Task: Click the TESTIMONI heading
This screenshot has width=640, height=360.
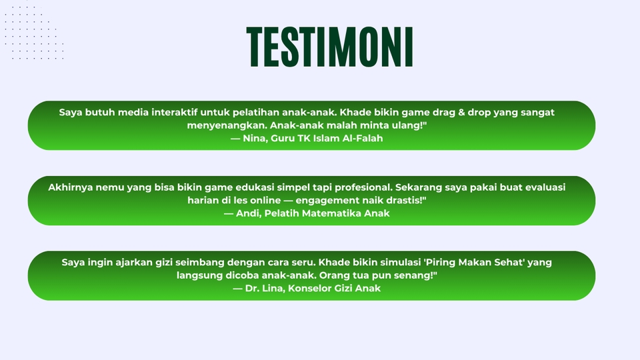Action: (329, 47)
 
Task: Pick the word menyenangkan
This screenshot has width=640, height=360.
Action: (224, 125)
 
